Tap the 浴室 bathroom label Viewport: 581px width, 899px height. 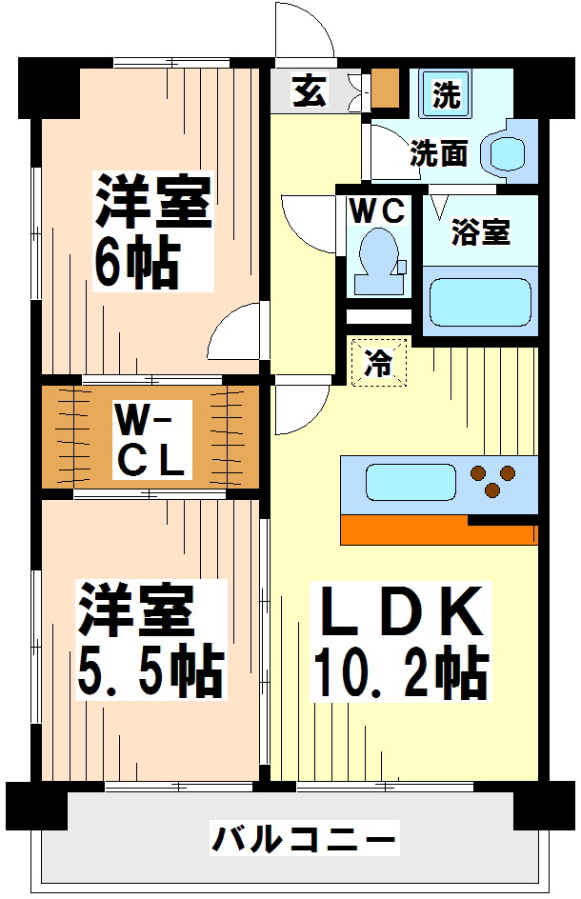click(480, 232)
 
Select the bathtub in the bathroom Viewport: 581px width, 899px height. click(479, 303)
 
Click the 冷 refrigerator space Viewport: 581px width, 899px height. click(378, 363)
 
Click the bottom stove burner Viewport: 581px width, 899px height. click(492, 490)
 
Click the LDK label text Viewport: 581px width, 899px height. click(400, 613)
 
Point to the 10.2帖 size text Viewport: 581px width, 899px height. click(400, 674)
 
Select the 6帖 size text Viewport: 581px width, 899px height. click(135, 262)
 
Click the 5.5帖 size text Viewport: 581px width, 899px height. click(150, 672)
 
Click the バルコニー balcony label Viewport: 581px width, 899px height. click(302, 841)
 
